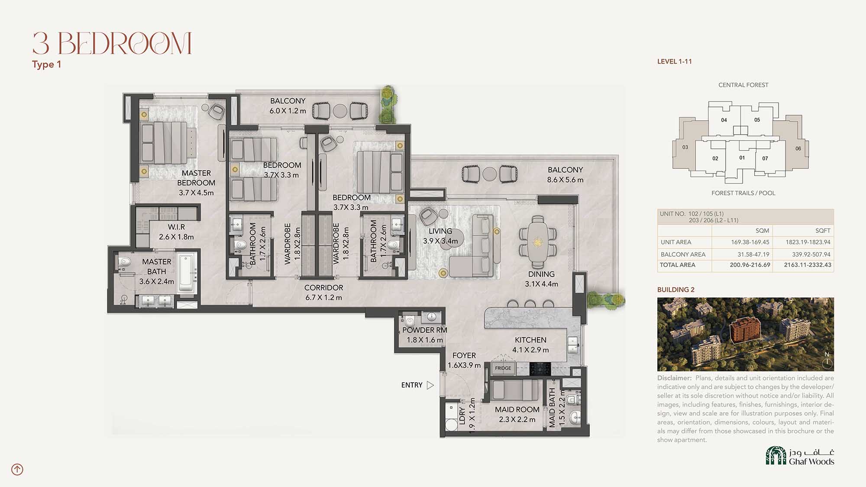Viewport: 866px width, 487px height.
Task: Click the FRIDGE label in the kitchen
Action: pos(503,368)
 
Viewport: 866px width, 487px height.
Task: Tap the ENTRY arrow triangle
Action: pos(430,385)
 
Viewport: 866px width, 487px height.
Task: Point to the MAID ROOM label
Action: pos(517,410)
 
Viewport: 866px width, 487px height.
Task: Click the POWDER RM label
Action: pos(424,330)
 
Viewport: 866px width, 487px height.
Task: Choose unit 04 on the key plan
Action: pos(724,120)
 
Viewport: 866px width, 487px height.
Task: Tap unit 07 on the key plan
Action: pos(765,158)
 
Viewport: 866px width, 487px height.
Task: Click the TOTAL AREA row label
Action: pos(677,265)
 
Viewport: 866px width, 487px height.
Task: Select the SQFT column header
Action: pos(823,231)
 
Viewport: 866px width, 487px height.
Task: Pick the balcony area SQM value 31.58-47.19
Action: pos(753,255)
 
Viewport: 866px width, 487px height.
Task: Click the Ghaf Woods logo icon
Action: pos(776,455)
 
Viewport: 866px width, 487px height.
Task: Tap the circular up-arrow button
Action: pos(17,469)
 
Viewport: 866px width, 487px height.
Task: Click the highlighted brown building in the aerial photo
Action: pos(744,331)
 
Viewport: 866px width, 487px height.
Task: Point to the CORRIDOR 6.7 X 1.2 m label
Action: pos(323,293)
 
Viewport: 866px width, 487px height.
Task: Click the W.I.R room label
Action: pos(176,227)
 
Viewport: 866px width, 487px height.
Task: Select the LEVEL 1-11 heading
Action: pos(674,61)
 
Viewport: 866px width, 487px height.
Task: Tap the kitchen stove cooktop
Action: pos(540,369)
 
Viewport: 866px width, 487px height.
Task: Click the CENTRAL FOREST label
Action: pos(743,85)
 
